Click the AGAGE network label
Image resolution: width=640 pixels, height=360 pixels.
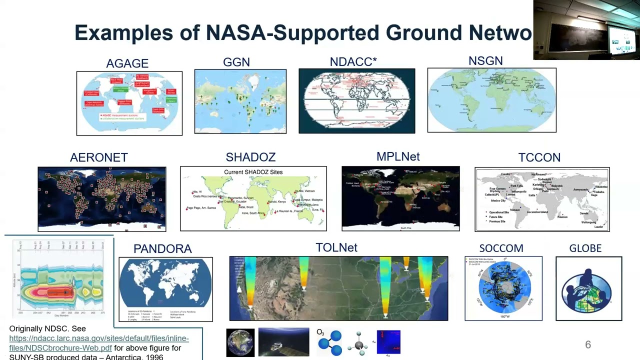pos(127,63)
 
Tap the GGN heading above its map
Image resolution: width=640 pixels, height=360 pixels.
pos(236,62)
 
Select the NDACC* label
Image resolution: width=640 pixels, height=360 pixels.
pos(353,61)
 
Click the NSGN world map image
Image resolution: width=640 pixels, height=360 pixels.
pos(491,100)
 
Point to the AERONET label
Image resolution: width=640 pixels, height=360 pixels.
pos(99,157)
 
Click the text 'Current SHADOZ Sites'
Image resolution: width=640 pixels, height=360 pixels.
pos(253,172)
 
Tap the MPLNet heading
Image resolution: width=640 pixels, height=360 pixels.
pos(398,156)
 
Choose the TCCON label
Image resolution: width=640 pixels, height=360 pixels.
pos(539,157)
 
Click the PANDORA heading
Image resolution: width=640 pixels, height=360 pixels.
pos(162,248)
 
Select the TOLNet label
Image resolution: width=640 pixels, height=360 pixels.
pos(336,247)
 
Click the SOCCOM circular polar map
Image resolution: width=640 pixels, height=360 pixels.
pos(503,289)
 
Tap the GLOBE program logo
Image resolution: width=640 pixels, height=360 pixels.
pos(588,289)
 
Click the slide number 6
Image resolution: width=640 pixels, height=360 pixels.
pos(588,344)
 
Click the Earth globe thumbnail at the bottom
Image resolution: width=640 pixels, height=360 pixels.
pos(240,342)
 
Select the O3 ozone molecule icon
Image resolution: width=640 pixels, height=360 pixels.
pos(329,342)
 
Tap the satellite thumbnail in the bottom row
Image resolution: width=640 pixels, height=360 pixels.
pos(283,342)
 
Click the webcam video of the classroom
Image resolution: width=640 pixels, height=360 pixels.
pos(586,30)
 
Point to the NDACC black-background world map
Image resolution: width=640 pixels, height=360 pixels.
pos(356,101)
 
